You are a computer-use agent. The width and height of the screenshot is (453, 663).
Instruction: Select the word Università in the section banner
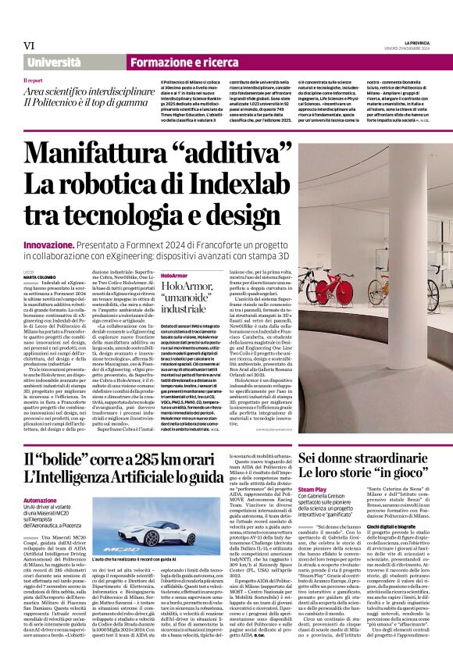pos(54,62)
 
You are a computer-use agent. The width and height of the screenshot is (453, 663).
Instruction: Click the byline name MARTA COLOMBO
pos(39,277)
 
